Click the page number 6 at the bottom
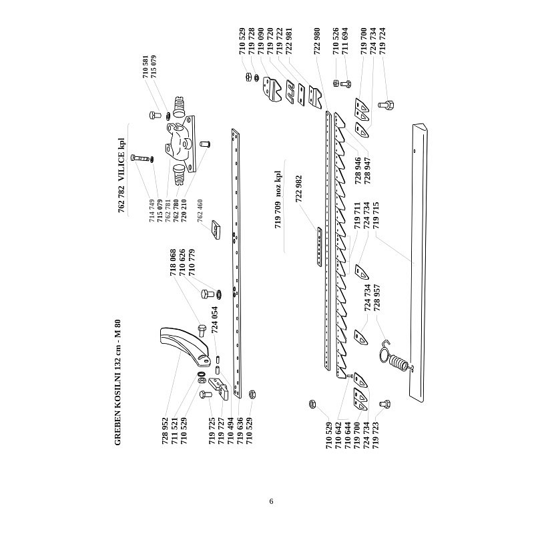click(271, 502)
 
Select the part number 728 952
click(166, 433)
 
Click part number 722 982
click(299, 189)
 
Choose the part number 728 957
click(376, 298)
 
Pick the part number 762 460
click(200, 210)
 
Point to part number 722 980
click(316, 41)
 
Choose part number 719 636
click(238, 434)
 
